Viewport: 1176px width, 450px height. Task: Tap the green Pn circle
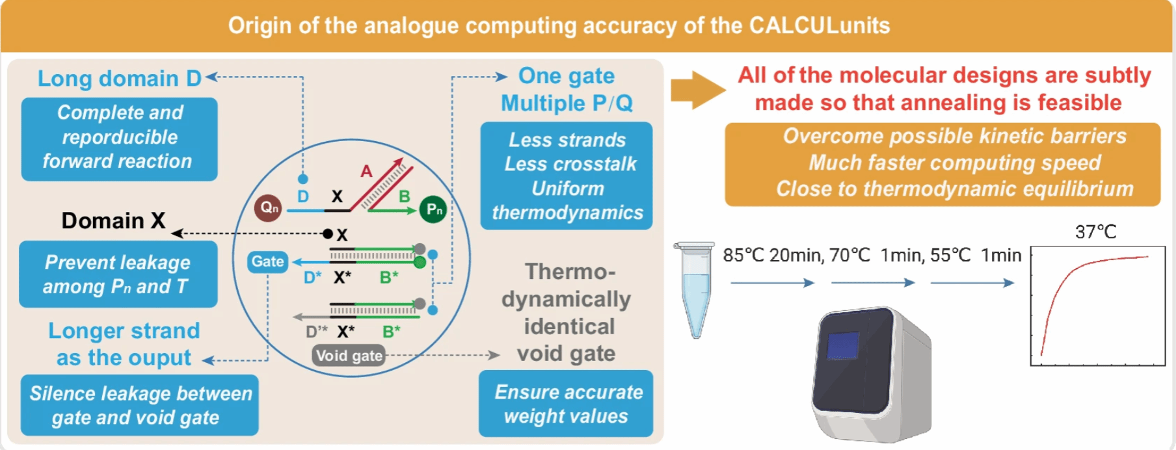[433, 209]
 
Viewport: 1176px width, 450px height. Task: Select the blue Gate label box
[267, 261]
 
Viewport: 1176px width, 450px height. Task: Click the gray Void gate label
[349, 356]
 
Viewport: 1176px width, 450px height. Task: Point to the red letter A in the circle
[366, 171]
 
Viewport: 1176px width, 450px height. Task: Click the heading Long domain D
[120, 79]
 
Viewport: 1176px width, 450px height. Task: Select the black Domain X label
[113, 221]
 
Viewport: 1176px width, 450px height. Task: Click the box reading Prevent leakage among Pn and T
[118, 274]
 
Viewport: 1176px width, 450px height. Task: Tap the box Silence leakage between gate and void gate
[140, 405]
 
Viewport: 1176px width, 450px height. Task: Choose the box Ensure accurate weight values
[566, 404]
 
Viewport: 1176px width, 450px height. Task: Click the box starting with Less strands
[567, 176]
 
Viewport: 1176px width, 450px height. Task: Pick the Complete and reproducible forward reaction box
[119, 139]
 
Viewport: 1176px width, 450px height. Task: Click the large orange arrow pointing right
[697, 90]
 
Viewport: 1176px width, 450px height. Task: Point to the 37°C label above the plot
[1095, 232]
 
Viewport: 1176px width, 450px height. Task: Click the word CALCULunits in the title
[819, 26]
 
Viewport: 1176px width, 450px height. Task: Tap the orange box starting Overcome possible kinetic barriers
[942, 164]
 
